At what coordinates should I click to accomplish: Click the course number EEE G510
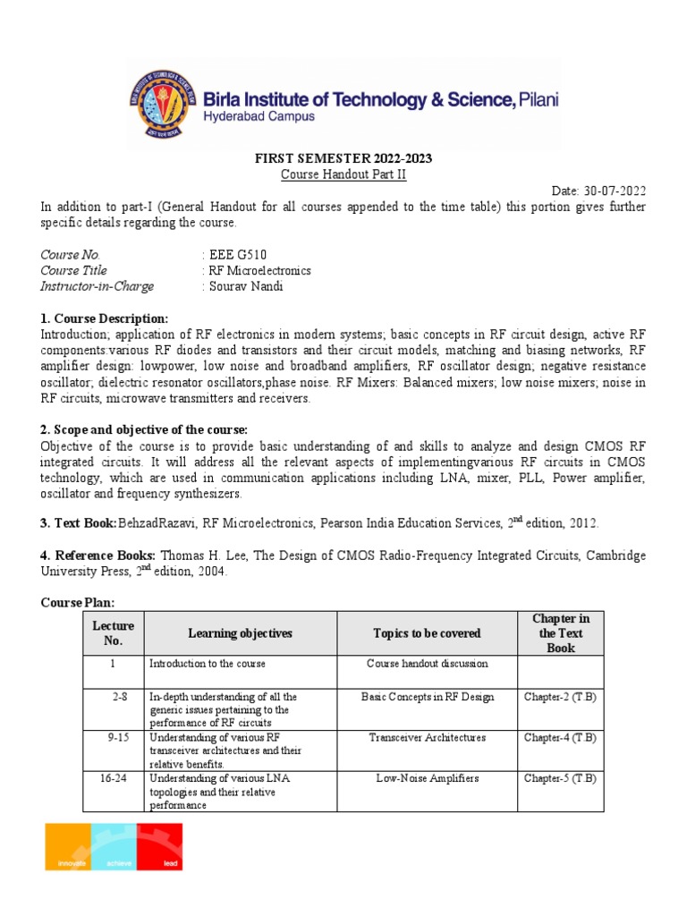point(236,255)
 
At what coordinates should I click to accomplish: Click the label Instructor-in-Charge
point(97,286)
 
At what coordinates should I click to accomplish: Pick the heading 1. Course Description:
point(104,318)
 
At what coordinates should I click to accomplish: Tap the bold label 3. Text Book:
point(80,522)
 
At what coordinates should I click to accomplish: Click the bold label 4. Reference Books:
point(98,556)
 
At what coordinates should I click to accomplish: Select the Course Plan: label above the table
point(78,602)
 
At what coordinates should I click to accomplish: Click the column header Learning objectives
point(240,633)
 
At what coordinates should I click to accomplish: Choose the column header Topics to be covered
point(427,633)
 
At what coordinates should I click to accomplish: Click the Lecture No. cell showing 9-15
point(113,738)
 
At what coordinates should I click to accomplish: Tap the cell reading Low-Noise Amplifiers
point(427,779)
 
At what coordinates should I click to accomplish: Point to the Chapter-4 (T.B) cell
point(560,738)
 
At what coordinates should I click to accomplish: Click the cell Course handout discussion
point(427,664)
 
